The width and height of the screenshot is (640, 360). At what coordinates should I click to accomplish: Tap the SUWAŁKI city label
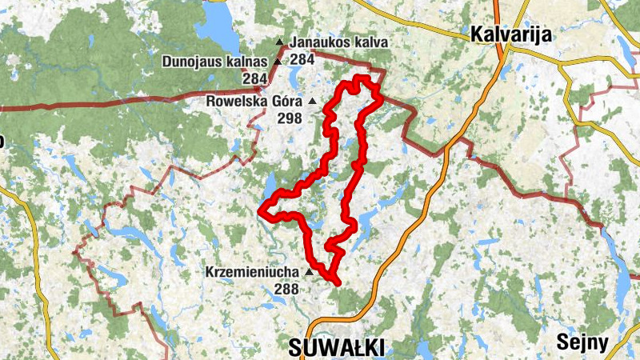[x=336, y=346]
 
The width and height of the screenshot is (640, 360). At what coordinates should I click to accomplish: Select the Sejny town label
[x=583, y=343]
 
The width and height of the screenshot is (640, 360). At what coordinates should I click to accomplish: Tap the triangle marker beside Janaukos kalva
[x=279, y=42]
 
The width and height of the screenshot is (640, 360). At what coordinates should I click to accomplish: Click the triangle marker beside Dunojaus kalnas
[x=278, y=62]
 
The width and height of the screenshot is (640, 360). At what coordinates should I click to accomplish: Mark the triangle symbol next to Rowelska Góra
[x=312, y=102]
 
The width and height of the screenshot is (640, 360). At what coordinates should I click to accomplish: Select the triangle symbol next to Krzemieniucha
[x=308, y=272]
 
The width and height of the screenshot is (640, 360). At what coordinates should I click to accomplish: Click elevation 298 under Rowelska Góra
[x=290, y=118]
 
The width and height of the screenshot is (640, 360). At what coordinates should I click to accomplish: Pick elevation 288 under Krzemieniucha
[x=286, y=289]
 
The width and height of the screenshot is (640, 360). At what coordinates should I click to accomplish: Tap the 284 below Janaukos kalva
[x=302, y=58]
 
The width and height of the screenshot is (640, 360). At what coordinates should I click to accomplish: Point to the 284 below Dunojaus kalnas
[x=254, y=78]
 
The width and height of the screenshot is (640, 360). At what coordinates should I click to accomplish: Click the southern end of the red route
[x=339, y=282]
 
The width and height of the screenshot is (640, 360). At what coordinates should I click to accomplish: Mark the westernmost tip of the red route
[x=260, y=211]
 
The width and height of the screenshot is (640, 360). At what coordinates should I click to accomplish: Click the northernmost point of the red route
[x=362, y=78]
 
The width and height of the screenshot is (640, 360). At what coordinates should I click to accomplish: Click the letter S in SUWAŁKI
[x=294, y=346]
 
